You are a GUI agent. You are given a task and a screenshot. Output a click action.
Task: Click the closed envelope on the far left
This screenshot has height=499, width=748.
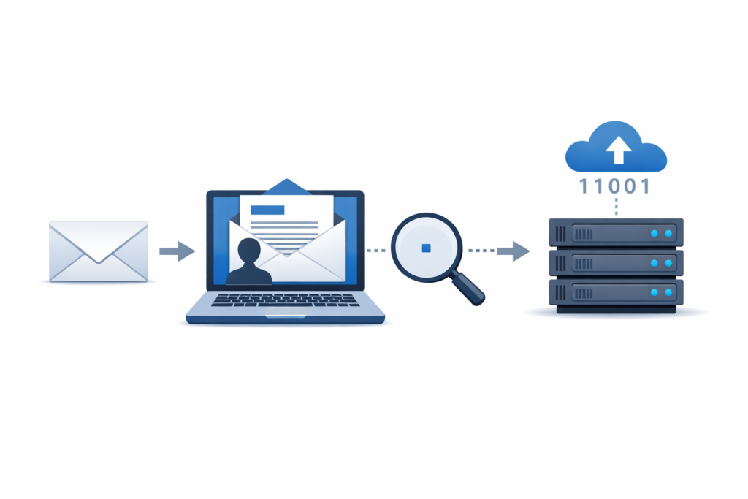(99, 251)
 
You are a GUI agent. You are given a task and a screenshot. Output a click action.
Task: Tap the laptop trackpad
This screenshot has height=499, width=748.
(286, 316)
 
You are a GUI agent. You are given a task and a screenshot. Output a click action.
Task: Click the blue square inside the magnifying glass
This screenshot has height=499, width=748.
(427, 248)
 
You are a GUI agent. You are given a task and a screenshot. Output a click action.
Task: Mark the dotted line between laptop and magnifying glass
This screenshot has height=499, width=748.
(375, 251)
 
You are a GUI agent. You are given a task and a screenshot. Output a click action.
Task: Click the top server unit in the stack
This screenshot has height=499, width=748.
(616, 233)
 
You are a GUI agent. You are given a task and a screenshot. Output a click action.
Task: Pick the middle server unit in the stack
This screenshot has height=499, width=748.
(616, 263)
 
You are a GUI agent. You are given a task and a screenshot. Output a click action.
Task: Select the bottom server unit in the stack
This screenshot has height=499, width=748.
(616, 293)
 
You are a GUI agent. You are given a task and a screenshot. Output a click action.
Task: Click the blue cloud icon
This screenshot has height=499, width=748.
(617, 147)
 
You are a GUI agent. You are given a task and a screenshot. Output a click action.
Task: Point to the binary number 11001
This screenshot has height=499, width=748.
(615, 186)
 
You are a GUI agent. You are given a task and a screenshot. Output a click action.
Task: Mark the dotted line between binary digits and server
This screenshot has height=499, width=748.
(617, 208)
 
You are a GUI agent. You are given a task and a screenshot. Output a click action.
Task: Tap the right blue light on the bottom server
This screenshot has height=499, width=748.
(668, 293)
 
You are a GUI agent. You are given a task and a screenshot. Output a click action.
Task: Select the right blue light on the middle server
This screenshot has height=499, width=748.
(668, 263)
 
